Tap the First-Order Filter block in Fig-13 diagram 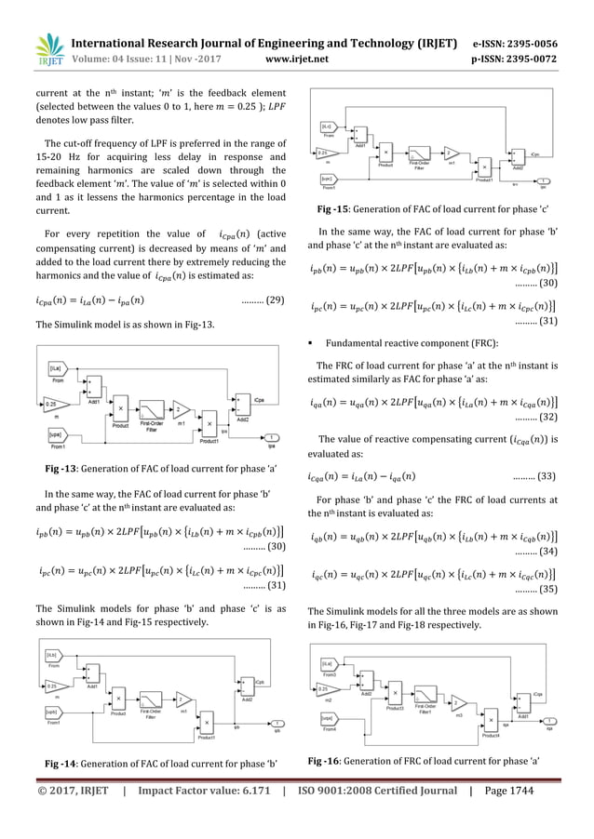coord(152,412)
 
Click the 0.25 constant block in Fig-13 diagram coord(54,403)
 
